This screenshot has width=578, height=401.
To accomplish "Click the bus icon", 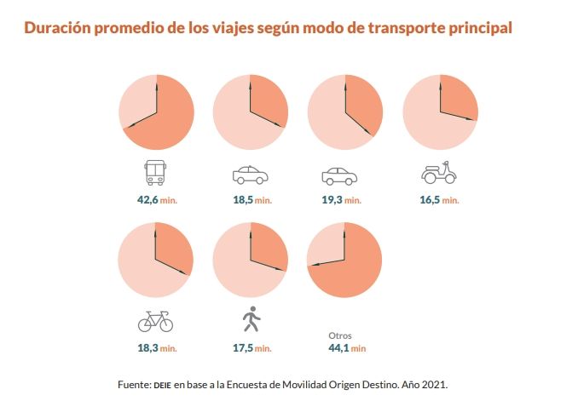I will click(x=155, y=175).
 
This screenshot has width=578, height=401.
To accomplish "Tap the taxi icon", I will click(x=250, y=175).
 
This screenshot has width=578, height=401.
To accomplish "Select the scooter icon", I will click(x=439, y=173).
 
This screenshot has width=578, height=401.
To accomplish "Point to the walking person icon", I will click(x=251, y=320).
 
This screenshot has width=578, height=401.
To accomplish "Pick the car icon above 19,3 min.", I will click(x=339, y=176).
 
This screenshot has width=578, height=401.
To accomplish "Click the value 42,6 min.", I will click(x=155, y=200).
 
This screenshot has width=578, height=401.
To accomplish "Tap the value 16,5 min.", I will click(x=439, y=200).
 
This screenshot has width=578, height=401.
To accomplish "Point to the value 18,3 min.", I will click(x=156, y=348).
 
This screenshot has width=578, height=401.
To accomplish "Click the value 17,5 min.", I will click(x=251, y=348).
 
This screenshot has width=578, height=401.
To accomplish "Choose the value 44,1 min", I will click(x=347, y=348).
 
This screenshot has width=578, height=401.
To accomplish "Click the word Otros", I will click(x=340, y=335).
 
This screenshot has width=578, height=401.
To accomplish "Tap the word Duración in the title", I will click(x=59, y=28).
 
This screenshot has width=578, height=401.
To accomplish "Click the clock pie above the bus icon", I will click(x=156, y=112).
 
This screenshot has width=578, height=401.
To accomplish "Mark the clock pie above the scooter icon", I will click(x=440, y=112).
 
